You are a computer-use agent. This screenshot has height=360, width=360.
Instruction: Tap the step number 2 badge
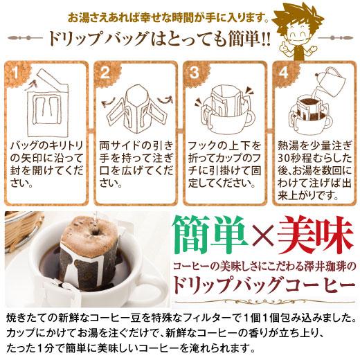(105, 72)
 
